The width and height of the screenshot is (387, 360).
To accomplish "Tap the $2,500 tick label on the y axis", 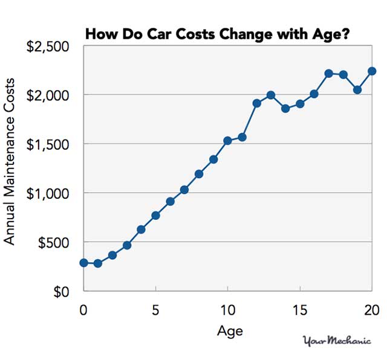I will (x=48, y=47).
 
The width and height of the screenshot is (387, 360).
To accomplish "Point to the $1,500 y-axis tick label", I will (x=48, y=144).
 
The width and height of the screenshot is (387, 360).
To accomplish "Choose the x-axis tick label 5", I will (x=155, y=309).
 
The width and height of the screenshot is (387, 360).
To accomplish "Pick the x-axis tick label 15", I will (x=299, y=309).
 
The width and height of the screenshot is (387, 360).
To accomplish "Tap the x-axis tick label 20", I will (x=371, y=309).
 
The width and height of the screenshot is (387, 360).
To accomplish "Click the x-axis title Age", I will (x=229, y=330).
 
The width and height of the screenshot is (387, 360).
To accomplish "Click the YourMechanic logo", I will (x=336, y=341).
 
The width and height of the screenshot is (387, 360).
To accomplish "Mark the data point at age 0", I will (x=83, y=263).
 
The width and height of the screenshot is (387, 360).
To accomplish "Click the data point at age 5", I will (x=155, y=216).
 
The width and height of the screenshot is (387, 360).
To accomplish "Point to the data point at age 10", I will (x=227, y=141).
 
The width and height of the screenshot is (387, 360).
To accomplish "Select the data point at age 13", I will (x=271, y=95).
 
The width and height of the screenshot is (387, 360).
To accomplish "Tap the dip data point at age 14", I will (x=285, y=109).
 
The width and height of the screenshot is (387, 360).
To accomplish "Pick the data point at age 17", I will (x=328, y=73).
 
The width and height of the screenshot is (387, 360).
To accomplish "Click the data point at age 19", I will (x=357, y=90).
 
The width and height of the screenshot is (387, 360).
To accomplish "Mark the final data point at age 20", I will (x=372, y=71).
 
